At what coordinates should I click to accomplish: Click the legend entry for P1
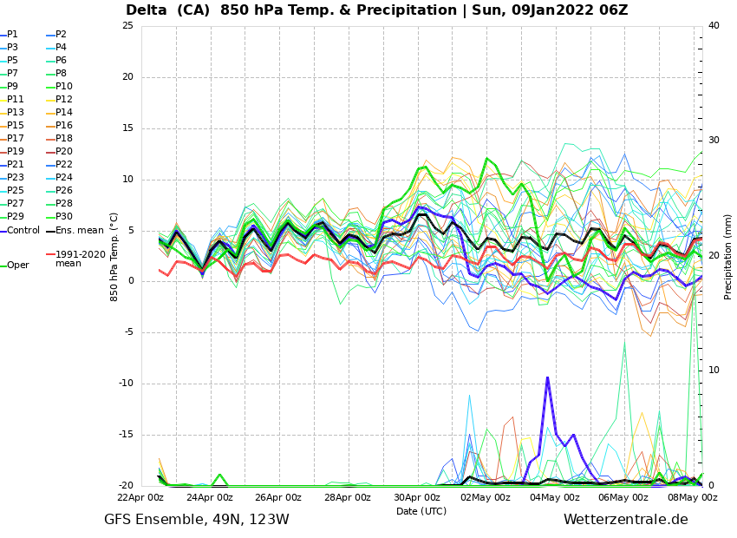pos(12,35)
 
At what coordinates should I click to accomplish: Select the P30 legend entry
pos(63,217)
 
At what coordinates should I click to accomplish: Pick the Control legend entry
pos(23,231)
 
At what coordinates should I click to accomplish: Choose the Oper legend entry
pos(17,266)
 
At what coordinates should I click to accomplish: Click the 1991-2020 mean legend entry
pos(80,259)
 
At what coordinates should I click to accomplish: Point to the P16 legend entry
pos(63,126)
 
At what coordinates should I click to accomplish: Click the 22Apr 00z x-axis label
pos(140,498)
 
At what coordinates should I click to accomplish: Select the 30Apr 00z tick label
pos(417,498)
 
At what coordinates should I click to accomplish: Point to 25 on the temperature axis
pos(127,26)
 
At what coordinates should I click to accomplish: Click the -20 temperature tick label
pos(125,486)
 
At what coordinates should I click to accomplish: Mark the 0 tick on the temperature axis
pos(130,281)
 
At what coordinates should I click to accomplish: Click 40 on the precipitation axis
pos(714,26)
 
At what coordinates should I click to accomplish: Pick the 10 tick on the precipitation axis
pos(714,371)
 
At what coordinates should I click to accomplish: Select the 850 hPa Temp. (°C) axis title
pos(114,256)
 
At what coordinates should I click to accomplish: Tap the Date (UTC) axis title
pos(421,511)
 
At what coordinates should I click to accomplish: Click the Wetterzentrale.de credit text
pos(625,520)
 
